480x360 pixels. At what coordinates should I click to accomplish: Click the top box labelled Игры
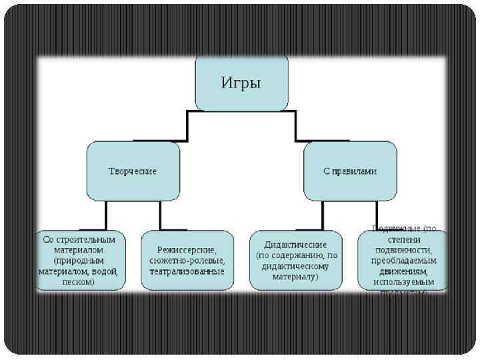pos(241,83)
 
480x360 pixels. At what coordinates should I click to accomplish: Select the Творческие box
pos(133,171)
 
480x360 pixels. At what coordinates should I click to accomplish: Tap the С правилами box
pos(350,171)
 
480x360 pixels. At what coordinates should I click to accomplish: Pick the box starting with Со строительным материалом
pos(79,261)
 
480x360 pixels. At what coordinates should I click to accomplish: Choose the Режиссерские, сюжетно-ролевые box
pos(187,261)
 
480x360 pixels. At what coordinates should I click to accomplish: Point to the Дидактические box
pos(296,261)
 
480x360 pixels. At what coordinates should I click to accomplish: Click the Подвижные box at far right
pos(402,261)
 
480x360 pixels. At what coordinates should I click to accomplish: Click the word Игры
pos(241,83)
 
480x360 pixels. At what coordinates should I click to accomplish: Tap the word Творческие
pos(133,171)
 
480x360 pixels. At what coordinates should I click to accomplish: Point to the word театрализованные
pos(187,272)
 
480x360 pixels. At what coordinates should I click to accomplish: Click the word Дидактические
pos(295,245)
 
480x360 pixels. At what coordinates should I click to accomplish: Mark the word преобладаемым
pos(402,261)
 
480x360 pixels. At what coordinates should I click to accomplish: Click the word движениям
pos(402,272)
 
